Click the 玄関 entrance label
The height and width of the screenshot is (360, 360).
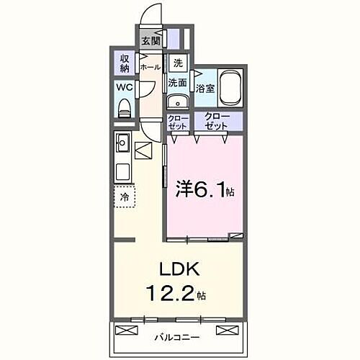[150, 42]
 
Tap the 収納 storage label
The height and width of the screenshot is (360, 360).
[124, 63]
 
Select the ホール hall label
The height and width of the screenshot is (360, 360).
[150, 67]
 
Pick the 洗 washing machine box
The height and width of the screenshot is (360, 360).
[177, 63]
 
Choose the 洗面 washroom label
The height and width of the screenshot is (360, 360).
[178, 83]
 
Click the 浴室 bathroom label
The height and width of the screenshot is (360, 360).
[205, 89]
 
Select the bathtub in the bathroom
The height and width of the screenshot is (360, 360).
[231, 87]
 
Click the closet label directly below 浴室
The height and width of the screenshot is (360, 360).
[216, 121]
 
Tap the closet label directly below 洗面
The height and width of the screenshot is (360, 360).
[178, 121]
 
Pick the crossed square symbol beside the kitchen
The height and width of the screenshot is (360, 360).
[144, 153]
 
